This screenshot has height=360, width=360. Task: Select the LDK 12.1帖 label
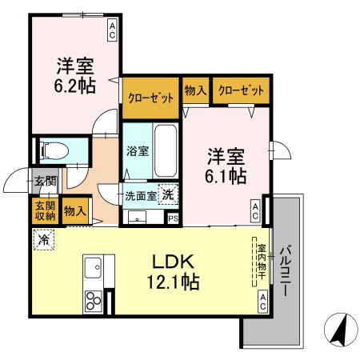(174, 272)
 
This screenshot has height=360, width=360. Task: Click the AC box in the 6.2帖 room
(112, 30)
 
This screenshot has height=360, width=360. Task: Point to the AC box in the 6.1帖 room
(255, 210)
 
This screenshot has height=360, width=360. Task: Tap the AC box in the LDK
(262, 301)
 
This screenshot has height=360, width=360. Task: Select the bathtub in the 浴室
(166, 151)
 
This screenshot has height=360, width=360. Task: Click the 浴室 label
(137, 151)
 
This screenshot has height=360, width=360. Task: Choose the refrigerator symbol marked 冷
(42, 238)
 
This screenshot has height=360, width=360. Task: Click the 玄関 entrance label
(44, 182)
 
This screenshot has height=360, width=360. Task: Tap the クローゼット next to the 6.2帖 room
(150, 97)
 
